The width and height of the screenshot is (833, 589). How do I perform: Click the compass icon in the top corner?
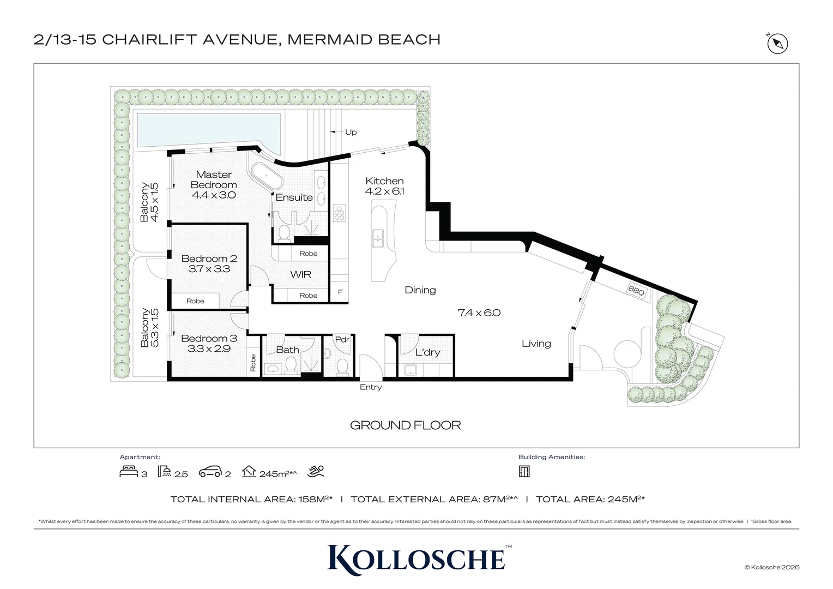(777, 44)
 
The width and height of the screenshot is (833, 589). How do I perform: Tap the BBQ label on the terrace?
(636, 291)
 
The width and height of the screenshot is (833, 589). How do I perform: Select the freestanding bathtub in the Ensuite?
(267, 176)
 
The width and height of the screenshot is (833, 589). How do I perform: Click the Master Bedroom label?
(214, 180)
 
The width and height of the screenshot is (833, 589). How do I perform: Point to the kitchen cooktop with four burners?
(340, 213)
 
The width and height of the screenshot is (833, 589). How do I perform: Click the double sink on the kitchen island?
(378, 238)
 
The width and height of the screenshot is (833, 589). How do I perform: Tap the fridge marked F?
(340, 292)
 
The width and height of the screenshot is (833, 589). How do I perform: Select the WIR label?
(300, 274)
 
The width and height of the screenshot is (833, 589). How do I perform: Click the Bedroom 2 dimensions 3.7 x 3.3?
(209, 269)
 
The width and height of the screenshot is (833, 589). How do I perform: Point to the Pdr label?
(342, 339)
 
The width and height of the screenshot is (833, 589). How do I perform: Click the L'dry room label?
(427, 352)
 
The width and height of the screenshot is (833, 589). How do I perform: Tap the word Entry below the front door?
(371, 387)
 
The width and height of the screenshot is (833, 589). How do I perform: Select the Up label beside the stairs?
(351, 132)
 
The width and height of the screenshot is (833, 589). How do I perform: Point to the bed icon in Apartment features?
(129, 471)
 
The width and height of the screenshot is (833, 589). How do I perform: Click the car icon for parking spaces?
(210, 472)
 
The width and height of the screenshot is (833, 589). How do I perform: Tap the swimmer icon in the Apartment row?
(316, 471)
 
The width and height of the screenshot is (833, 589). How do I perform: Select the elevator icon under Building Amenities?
(524, 471)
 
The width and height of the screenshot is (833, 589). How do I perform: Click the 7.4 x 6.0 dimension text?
(479, 312)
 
